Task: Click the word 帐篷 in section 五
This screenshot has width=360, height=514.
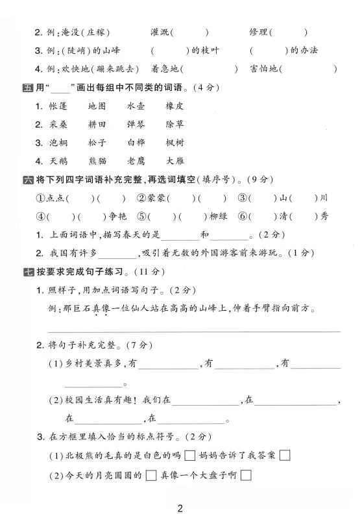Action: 59,106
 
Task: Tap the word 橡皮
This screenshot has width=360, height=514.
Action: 174,106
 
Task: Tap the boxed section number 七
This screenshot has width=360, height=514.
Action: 27,271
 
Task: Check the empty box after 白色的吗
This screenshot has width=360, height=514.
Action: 190,456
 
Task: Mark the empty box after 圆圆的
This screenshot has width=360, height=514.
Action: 150,476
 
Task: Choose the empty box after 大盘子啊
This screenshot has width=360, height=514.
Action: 246,476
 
